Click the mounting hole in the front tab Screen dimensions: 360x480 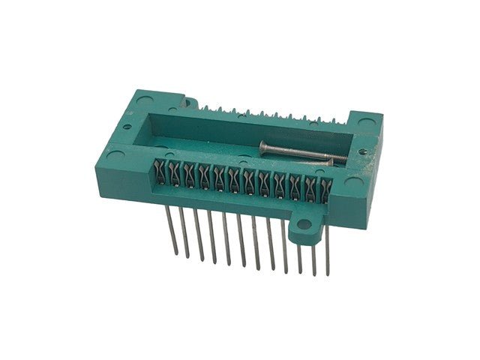[304, 225]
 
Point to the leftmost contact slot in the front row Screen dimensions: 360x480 [160, 172]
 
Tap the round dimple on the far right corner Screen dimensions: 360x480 [366, 121]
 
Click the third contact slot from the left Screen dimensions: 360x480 [189, 175]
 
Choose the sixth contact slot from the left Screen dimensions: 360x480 [233, 179]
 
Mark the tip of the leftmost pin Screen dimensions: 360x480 [178, 253]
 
